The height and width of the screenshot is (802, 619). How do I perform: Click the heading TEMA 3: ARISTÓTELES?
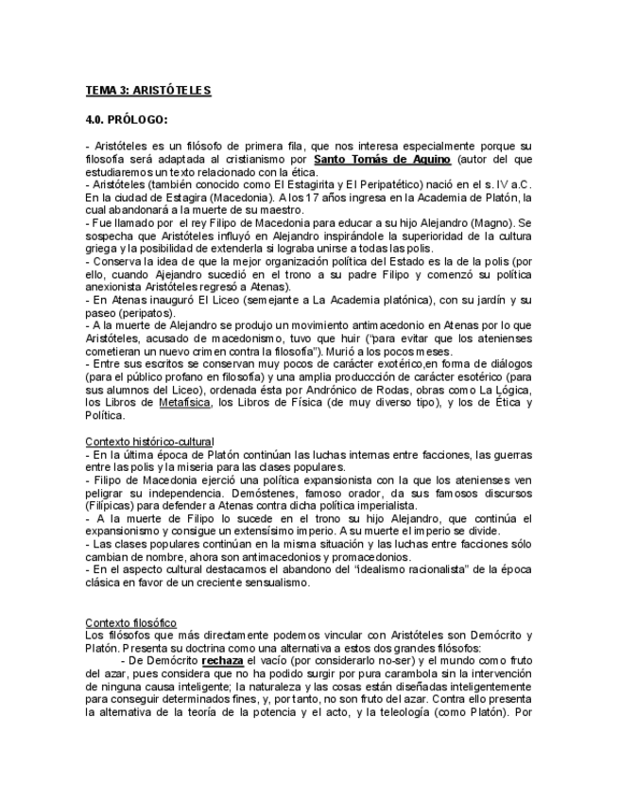click(147, 91)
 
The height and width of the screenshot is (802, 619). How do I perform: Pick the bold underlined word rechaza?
click(223, 660)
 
